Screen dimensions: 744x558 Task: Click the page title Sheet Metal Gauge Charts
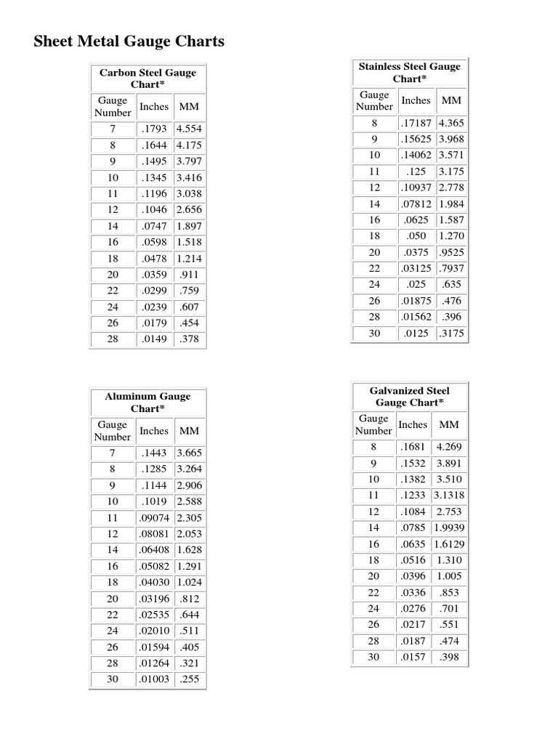click(129, 41)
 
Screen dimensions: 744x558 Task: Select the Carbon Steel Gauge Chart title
click(147, 78)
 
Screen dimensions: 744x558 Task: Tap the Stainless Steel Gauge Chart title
click(409, 73)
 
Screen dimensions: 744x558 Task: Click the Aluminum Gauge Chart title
click(147, 402)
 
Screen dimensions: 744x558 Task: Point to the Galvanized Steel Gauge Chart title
click(409, 396)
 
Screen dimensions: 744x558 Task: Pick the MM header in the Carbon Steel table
click(189, 107)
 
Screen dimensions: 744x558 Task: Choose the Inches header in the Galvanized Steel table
click(413, 424)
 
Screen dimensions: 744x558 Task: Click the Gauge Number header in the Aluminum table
click(113, 431)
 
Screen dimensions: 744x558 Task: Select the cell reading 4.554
click(189, 129)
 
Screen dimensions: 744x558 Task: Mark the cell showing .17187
click(416, 124)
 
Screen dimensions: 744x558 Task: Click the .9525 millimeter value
click(450, 252)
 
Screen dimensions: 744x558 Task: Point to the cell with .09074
click(153, 518)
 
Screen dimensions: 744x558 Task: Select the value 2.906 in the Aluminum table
click(189, 485)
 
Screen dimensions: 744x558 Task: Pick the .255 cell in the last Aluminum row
click(189, 680)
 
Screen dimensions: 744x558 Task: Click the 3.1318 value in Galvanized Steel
click(449, 496)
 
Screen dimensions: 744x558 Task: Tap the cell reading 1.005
click(449, 576)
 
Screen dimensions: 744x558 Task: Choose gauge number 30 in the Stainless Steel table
click(374, 333)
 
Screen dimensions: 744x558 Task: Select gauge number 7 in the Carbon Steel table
click(113, 129)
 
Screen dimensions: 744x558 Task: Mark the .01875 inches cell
click(416, 301)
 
